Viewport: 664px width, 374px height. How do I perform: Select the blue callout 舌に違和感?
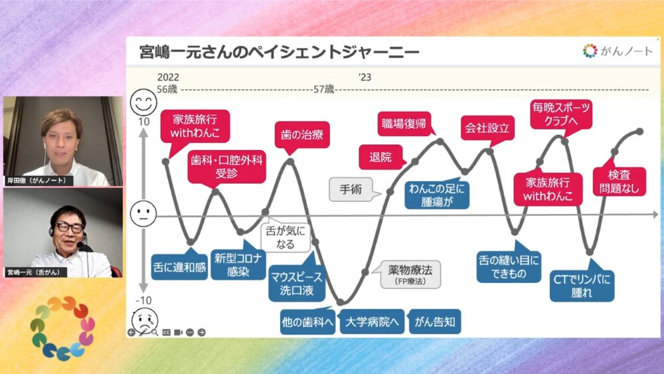179,268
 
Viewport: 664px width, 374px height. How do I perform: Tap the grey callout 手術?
350,189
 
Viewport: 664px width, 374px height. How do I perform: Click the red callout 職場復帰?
404,123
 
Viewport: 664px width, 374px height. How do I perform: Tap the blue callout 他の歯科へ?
307,323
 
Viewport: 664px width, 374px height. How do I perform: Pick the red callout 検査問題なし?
623,181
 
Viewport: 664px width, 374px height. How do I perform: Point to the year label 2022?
168,77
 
